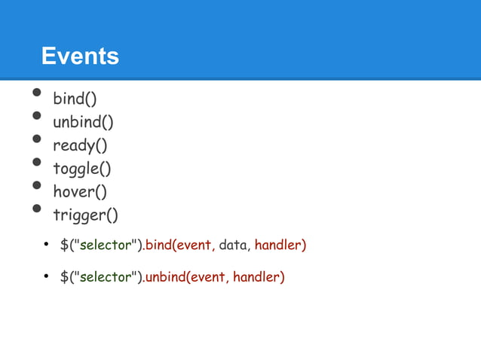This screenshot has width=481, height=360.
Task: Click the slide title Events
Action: pyautogui.click(x=80, y=56)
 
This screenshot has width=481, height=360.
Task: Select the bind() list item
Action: pyautogui.click(x=75, y=99)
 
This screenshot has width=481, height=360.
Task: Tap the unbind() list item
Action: pyautogui.click(x=83, y=122)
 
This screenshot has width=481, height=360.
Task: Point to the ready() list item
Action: pyautogui.click(x=79, y=145)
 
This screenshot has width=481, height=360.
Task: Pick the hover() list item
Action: pyautogui.click(x=79, y=192)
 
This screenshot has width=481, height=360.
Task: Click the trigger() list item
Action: pyautogui.click(x=85, y=215)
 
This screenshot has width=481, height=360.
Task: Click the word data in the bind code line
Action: pyautogui.click(x=234, y=246)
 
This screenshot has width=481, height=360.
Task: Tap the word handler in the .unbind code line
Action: pyautogui.click(x=259, y=278)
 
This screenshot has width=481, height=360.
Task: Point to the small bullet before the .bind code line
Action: pyautogui.click(x=46, y=246)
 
